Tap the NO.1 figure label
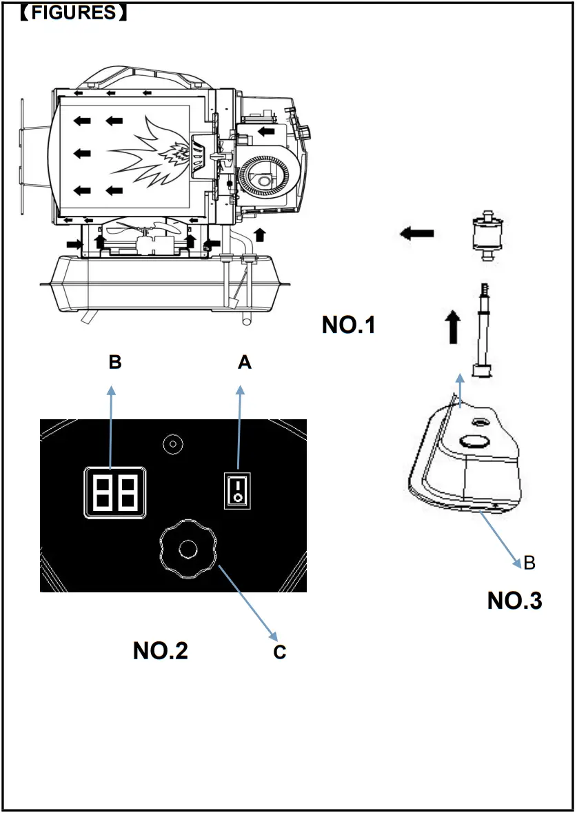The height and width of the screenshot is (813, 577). pos(349,325)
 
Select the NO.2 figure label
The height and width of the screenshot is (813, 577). pos(160,650)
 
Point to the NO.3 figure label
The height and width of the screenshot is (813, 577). pos(514,601)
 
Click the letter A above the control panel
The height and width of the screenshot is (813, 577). pos(245,363)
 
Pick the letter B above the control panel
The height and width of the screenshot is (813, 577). pos(114,363)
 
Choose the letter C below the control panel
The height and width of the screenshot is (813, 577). pos(279,652)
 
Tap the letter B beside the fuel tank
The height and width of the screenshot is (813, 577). pos(529,563)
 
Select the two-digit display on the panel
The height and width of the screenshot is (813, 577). pos(114,492)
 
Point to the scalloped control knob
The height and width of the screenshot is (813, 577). pos(187,549)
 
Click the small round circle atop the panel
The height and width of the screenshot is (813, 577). pos(172,443)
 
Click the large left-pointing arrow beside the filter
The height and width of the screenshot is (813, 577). pos(416,234)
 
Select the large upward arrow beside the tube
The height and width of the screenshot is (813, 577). pos(452,326)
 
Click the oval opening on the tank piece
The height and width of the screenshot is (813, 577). pos(473,441)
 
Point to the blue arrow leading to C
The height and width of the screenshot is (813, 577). pos(245,601)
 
